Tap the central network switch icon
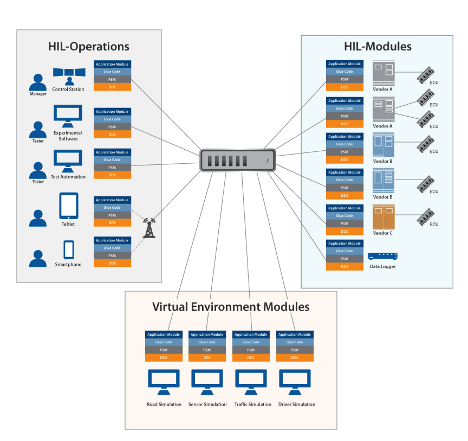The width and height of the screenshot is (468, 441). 237,161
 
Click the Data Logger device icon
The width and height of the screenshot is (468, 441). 382,257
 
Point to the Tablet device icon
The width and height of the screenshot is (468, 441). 69,206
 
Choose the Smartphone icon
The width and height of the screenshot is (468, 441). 69,250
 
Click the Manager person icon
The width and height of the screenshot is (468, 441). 38,82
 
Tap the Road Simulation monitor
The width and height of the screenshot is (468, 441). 164,382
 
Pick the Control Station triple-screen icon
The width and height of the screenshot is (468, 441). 69,75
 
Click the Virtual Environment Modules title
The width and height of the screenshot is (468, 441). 231,306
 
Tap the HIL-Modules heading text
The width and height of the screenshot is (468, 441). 377,46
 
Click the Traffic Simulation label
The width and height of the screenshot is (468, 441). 252,405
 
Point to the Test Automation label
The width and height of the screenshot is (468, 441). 69,177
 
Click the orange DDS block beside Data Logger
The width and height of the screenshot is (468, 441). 344,266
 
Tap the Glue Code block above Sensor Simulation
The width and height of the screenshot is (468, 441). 207,342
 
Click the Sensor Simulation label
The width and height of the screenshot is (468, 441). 207,405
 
